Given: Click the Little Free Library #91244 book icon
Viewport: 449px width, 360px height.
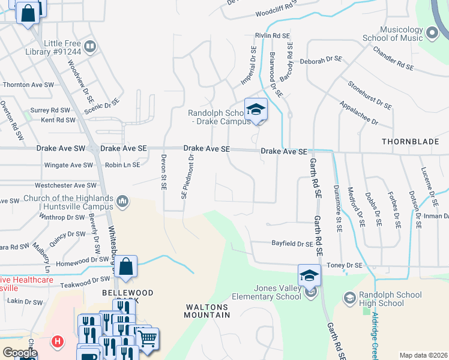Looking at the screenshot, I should coord(91,46).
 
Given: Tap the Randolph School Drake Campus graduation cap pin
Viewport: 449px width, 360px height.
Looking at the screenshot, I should coord(256,110).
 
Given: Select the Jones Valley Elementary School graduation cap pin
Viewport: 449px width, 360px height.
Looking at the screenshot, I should coord(310,276).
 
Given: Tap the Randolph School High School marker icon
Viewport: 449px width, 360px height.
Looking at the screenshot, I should coord(349,298).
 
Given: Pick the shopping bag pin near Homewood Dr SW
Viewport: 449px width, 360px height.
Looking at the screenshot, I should coord(127,268).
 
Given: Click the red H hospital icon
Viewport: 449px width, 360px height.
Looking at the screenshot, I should coord(57,341).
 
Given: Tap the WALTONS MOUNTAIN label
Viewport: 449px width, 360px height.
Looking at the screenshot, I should coord(207,310).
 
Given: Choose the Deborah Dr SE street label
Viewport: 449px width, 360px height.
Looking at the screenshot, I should coord(321,61).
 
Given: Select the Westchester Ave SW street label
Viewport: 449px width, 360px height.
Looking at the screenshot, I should coord(65,185).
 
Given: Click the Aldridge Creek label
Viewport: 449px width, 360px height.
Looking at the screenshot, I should coord(375,336).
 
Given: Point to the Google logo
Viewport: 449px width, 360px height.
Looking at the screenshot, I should coord(19,353).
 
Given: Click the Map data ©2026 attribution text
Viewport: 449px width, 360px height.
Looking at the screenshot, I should coord(423,355).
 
